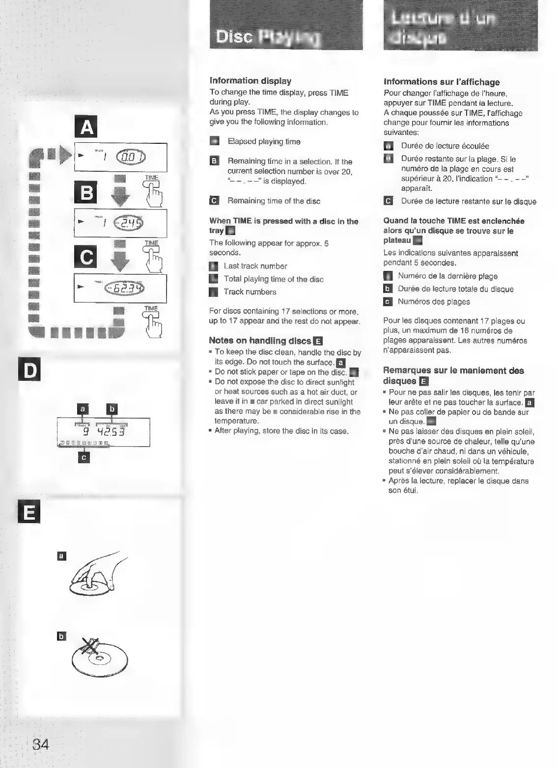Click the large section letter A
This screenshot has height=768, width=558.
tap(86, 128)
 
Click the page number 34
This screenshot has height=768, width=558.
tap(41, 744)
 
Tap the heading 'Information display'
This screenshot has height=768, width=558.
tap(250, 81)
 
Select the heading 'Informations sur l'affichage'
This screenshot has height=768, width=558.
tap(442, 82)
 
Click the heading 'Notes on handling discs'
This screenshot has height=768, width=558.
tap(260, 341)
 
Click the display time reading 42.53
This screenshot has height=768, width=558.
tap(112, 432)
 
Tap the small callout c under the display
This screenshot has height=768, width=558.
tap(84, 457)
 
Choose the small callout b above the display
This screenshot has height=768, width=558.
tap(112, 408)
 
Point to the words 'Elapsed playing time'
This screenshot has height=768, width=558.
tap(264, 142)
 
